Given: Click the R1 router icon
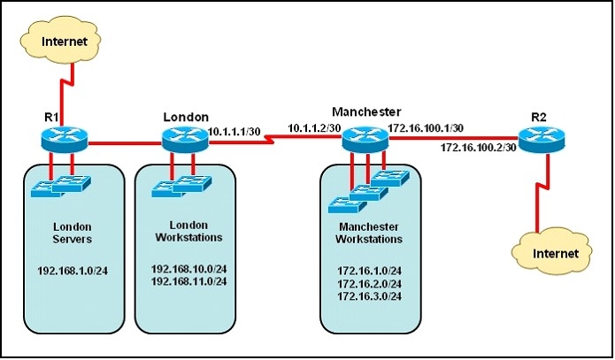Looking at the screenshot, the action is point(65,139).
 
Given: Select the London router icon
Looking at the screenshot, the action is point(185,139).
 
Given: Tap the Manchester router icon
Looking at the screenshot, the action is point(365,139).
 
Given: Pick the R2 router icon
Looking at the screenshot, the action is point(542,139).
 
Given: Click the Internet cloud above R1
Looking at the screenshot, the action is point(61,40).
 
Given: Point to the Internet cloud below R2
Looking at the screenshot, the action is point(552,251).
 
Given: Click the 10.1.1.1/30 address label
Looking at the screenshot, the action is point(234,132).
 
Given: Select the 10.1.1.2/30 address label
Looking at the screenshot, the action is point(314,128).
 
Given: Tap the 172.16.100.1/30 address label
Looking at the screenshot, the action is point(426,128).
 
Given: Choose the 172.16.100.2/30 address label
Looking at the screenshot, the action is point(479,148).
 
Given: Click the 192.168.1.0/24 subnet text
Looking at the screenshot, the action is point(73,271).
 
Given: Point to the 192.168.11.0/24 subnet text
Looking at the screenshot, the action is point(189,281).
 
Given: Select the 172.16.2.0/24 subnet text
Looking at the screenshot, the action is point(370,284).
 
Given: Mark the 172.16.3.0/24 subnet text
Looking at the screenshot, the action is point(370,296).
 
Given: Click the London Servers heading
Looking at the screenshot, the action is point(73,233).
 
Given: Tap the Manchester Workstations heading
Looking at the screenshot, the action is point(369,233).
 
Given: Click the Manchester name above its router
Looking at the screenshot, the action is point(366,111).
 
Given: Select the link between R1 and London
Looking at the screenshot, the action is point(125,143).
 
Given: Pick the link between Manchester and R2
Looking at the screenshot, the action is point(454,138).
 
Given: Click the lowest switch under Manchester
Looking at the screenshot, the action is point(347,205).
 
